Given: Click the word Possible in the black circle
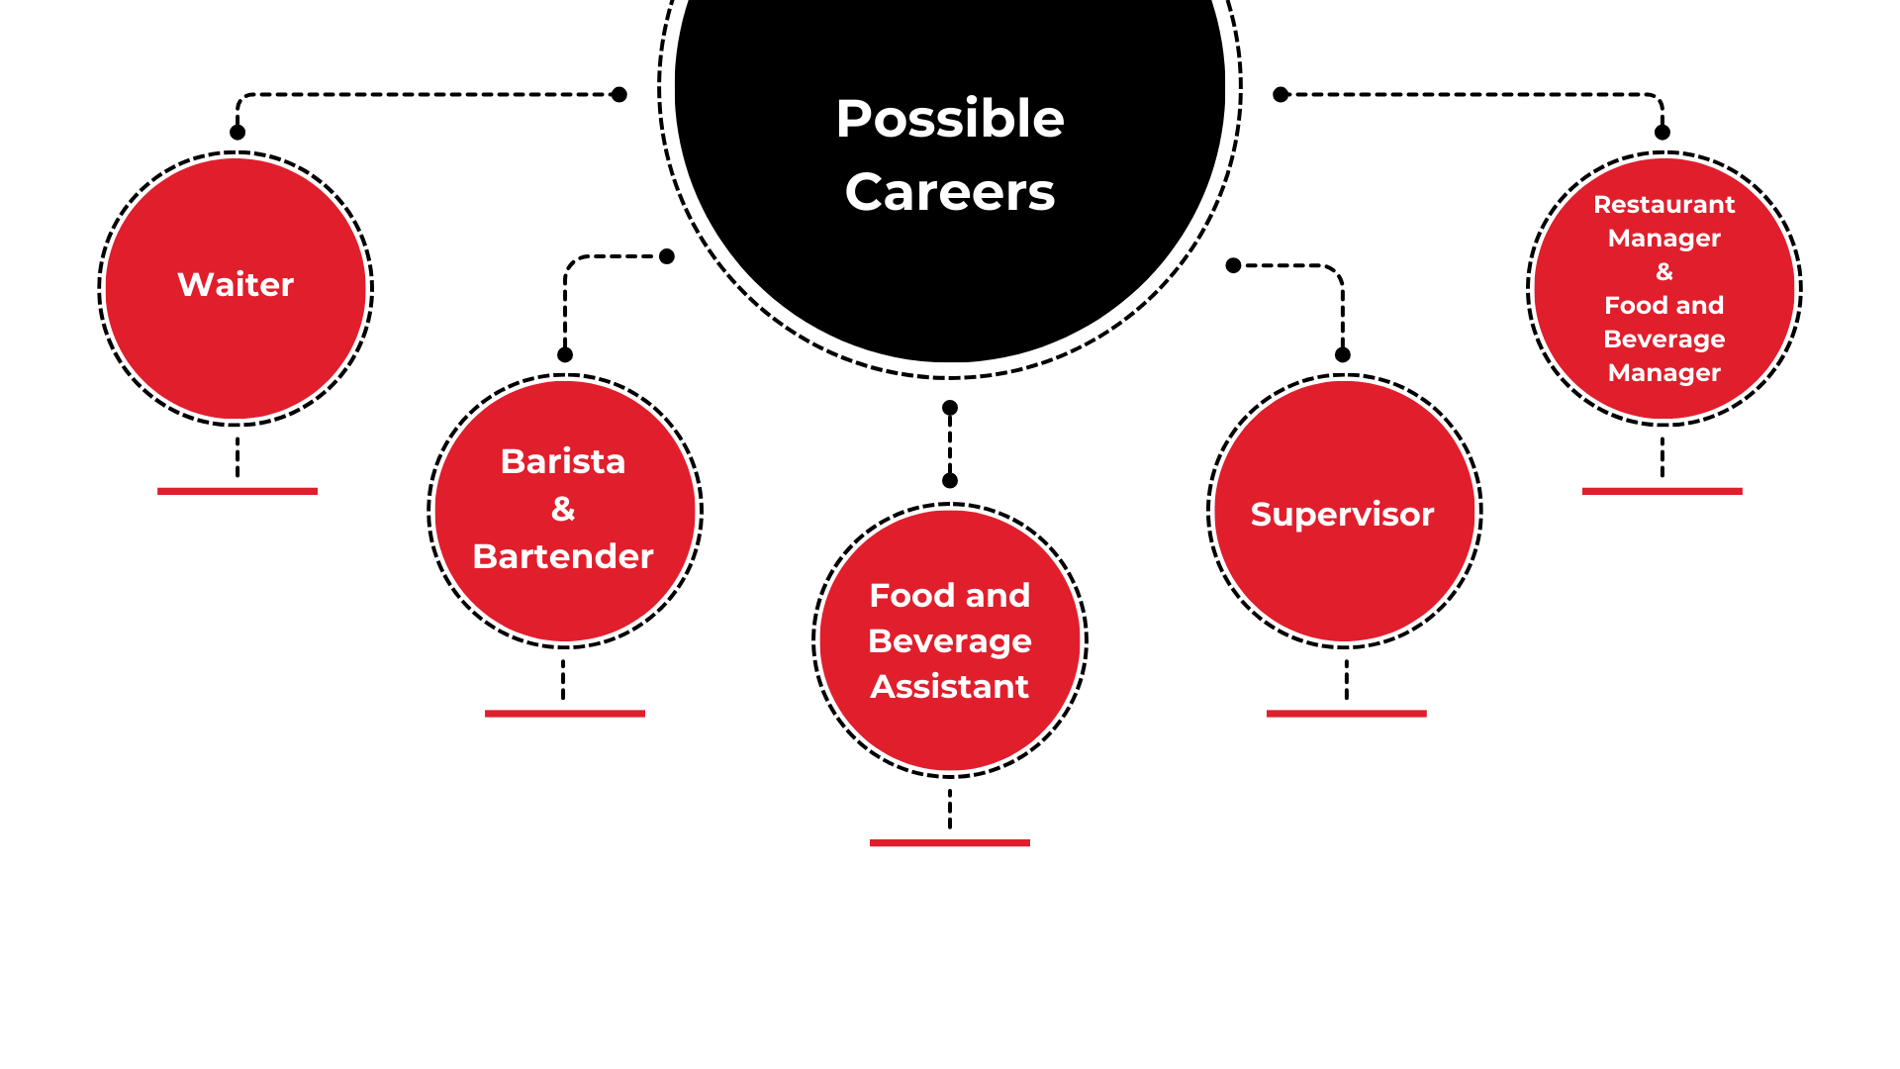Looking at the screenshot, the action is coord(950,120).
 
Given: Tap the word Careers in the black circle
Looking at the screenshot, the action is coord(950,192).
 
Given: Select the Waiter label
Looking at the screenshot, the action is coord(236,285).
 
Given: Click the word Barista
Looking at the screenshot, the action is coord(563,461).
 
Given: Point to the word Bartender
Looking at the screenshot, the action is coord(563,556).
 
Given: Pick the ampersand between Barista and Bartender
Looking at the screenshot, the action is coord(563,509).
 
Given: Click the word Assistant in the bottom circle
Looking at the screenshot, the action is coord(950,686).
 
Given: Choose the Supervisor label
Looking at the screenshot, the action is coord(1343,515).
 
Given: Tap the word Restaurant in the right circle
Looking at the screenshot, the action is coord(1664,204).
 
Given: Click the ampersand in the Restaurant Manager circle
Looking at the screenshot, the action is coord(1664,271).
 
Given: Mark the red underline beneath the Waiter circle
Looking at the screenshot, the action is coord(237,491).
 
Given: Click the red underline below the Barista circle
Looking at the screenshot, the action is coord(565,713).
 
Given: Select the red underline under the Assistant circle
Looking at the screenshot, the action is coord(950,842).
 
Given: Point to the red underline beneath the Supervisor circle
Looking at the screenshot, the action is coord(1347,713).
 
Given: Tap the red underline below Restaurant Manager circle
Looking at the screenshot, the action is coord(1662,491).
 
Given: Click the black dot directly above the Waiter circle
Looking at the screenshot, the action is coord(237,133).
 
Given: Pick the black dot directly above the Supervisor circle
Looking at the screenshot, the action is coord(1343,354).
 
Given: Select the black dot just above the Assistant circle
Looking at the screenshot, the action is coord(950,481).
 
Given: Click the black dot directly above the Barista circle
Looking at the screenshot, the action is coord(565,354).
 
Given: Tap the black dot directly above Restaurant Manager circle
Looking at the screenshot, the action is coord(1662,133).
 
